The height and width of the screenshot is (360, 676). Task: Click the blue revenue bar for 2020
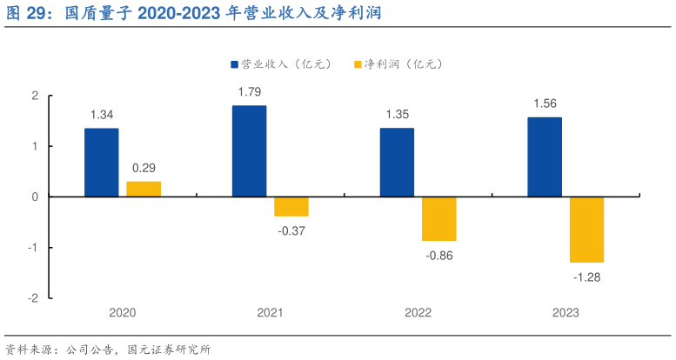coord(101,163)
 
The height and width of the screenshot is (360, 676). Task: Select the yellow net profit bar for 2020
coord(144,189)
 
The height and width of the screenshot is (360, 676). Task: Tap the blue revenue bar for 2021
coord(249,151)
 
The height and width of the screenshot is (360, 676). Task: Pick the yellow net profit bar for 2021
coord(291,206)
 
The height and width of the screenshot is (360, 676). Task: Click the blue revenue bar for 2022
coord(397,163)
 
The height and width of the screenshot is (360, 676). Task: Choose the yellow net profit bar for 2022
coord(439,218)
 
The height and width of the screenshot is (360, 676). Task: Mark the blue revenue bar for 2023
coord(545,157)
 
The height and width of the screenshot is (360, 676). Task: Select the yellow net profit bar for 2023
coord(586,230)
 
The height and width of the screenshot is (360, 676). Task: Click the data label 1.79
coord(250,91)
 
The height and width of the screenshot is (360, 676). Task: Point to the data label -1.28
coord(587,277)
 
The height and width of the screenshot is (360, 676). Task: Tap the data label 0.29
coord(144,167)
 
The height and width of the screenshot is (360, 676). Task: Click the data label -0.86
coord(439,256)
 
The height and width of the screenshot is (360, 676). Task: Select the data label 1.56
coord(545,103)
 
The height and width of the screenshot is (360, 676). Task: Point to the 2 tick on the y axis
coord(35,96)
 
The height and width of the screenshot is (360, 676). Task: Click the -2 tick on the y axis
coord(33,298)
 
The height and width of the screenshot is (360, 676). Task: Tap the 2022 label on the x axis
coord(418,313)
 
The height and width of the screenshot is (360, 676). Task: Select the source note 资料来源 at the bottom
coord(108,350)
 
